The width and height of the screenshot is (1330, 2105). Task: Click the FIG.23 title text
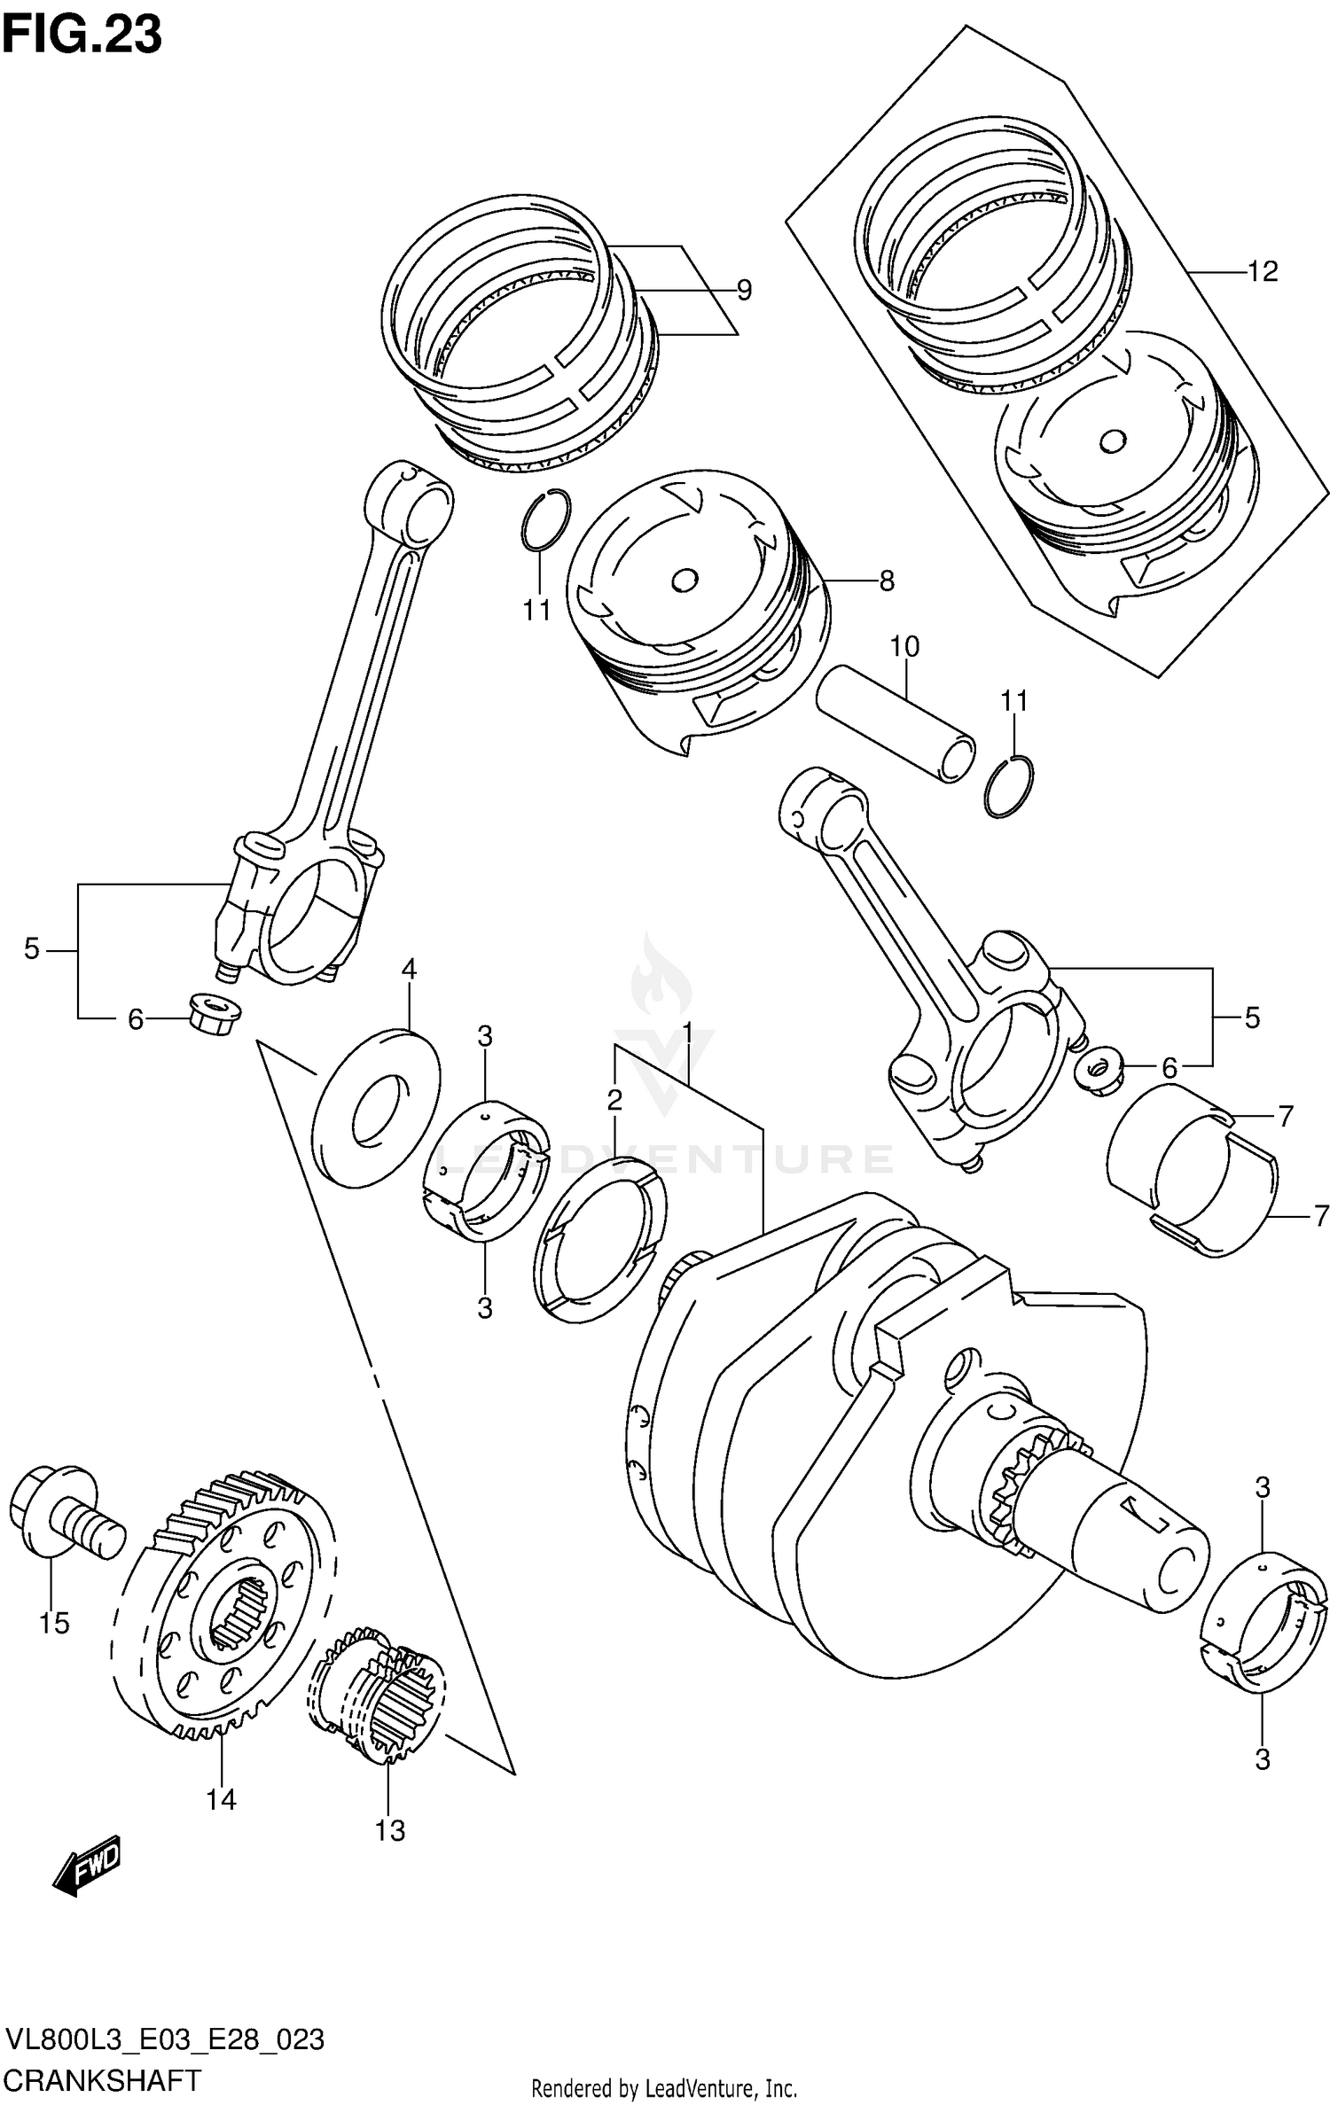[82, 35]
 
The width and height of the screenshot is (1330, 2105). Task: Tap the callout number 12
[1262, 271]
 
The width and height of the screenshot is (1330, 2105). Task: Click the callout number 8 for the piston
[886, 581]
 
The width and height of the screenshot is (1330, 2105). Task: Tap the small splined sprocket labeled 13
[377, 1693]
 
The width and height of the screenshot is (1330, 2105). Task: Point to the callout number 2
[614, 1100]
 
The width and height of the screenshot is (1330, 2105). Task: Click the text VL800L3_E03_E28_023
[165, 2038]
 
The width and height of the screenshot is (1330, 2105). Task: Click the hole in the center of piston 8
[684, 581]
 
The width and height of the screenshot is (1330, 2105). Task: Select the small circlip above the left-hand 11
[544, 520]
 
